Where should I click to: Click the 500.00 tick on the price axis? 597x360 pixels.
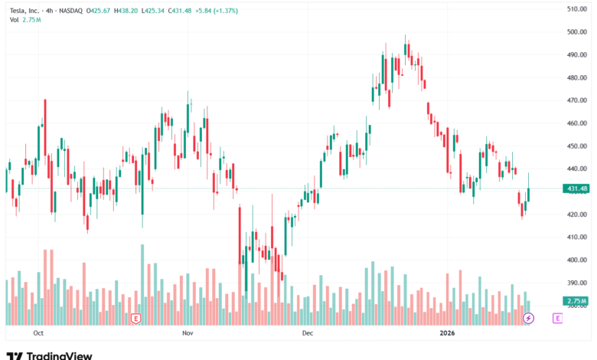[x=576, y=31]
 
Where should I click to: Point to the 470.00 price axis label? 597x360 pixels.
[x=576, y=100]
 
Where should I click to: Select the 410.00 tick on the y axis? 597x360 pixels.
[x=576, y=237]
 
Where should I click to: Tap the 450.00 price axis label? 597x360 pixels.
[x=576, y=146]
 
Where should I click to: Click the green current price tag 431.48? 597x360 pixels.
[x=576, y=188]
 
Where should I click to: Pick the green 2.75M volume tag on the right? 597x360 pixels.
[x=577, y=301]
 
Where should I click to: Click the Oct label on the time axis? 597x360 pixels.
[x=38, y=333]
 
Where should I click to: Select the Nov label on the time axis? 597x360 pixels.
[x=188, y=333]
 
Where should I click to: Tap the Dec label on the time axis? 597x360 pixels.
[x=308, y=333]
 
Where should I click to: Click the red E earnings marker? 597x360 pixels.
[x=135, y=318]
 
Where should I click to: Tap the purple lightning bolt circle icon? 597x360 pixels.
[x=528, y=318]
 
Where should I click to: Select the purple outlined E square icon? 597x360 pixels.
[x=557, y=318]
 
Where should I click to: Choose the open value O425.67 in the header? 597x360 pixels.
[x=99, y=9]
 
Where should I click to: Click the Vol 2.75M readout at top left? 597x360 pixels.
[x=25, y=19]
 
